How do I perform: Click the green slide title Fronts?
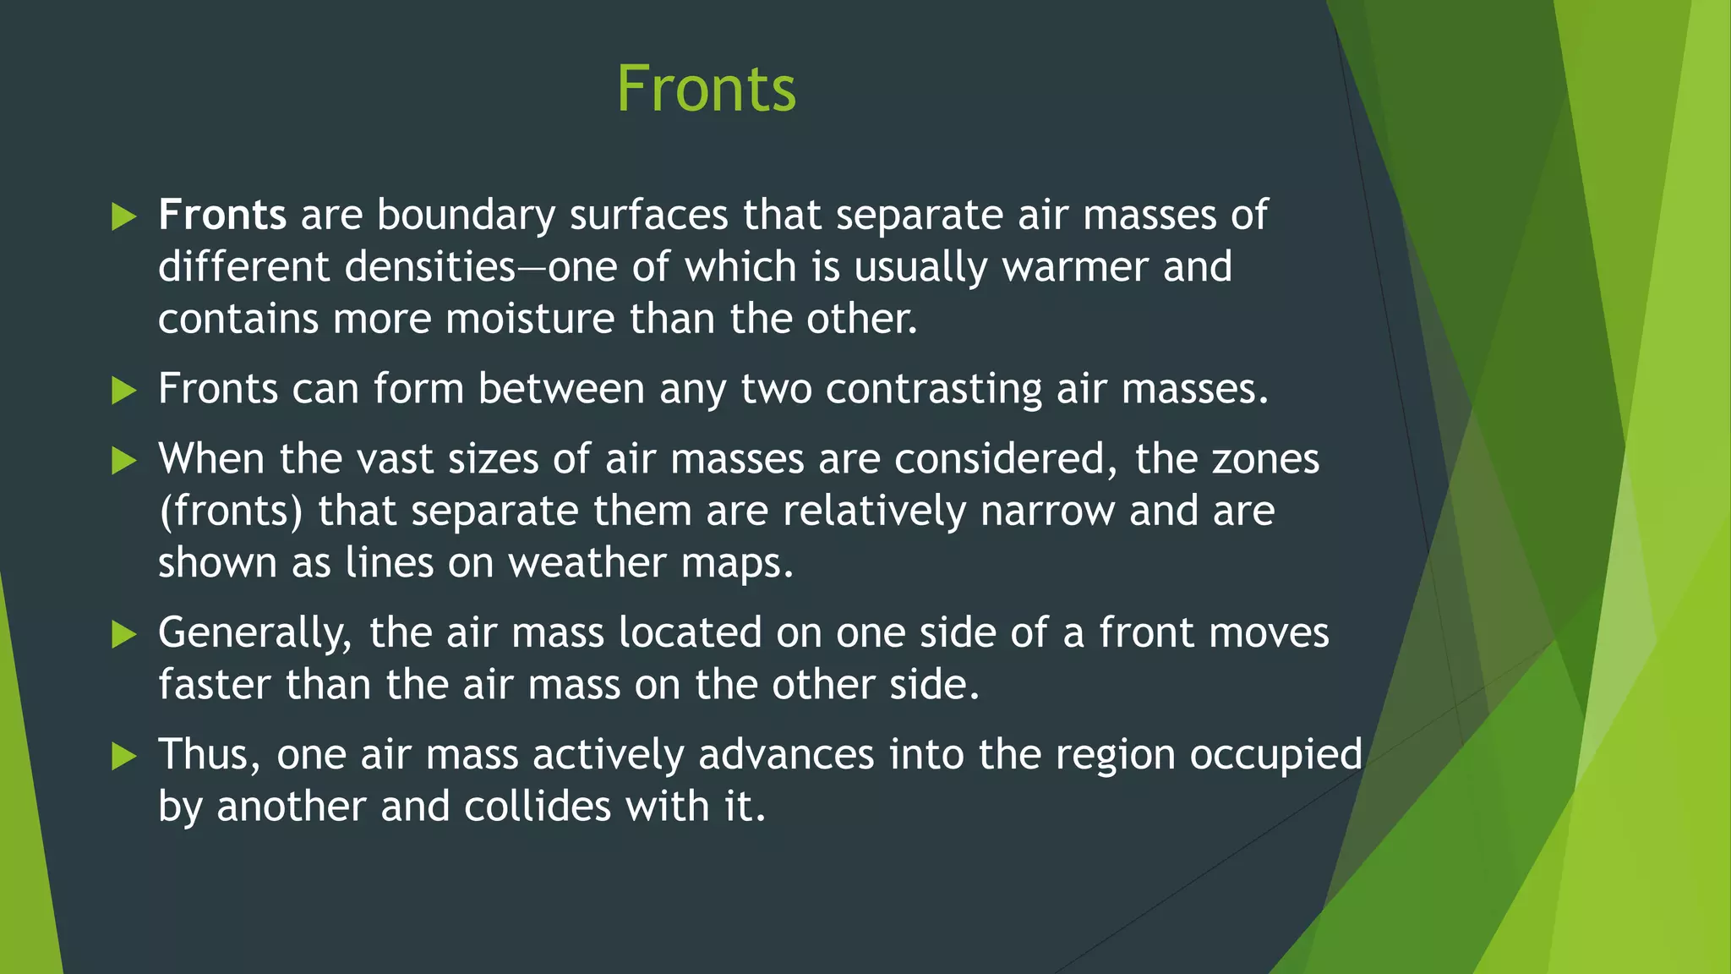pos(706,89)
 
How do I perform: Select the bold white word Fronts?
pos(221,215)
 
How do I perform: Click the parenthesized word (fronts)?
pos(230,512)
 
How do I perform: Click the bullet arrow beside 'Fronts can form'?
pos(123,391)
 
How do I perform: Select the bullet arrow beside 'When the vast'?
pos(123,461)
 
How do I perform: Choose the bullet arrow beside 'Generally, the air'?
pos(123,634)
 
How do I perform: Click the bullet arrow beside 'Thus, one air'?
pos(123,756)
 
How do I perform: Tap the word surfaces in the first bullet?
pos(648,215)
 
